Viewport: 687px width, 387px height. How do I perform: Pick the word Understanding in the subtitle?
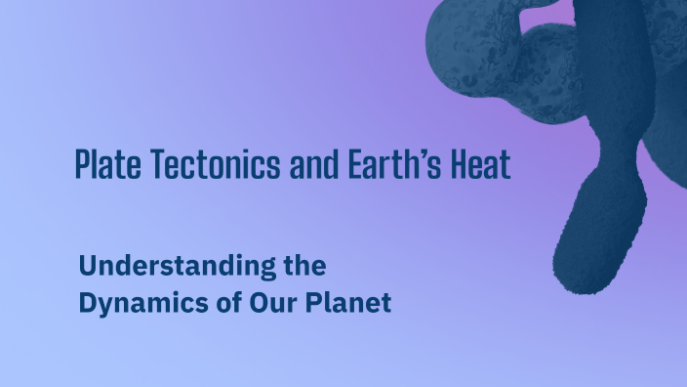click(164, 266)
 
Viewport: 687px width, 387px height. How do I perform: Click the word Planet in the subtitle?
click(342, 303)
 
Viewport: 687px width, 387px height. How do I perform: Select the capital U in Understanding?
click(87, 266)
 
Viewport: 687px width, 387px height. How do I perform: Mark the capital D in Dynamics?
click(87, 303)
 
